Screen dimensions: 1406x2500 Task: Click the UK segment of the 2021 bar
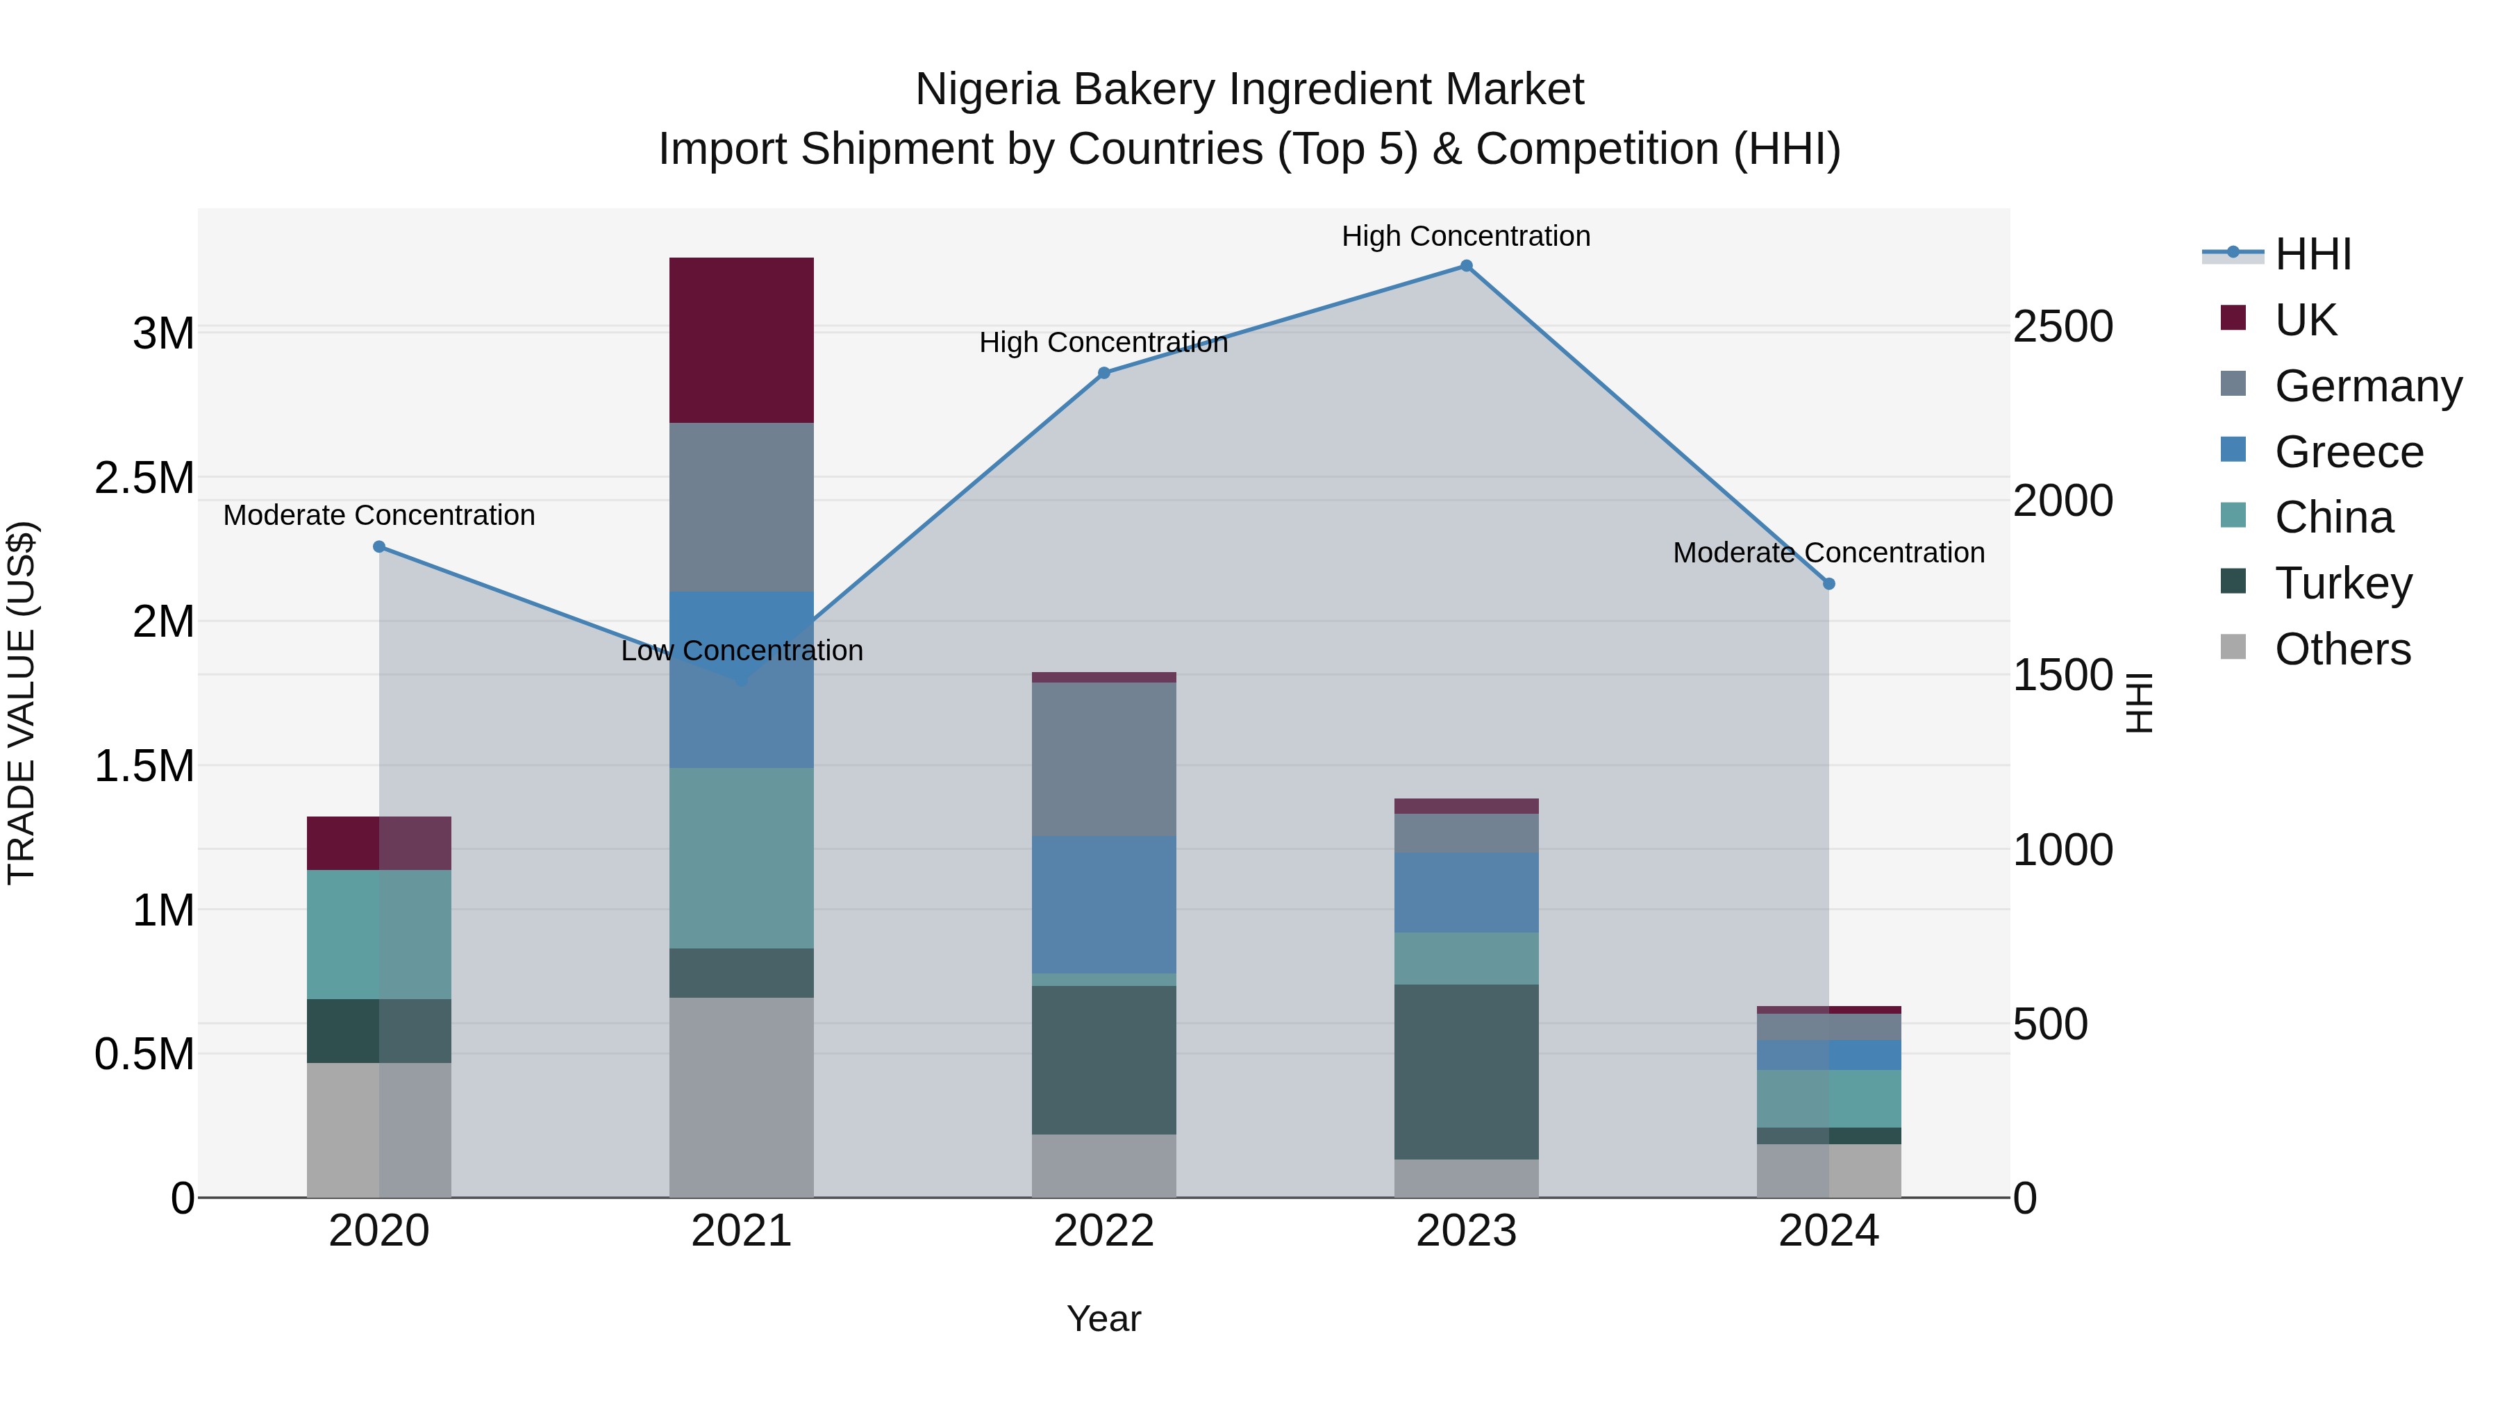tap(742, 340)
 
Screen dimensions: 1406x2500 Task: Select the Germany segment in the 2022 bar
tap(1103, 759)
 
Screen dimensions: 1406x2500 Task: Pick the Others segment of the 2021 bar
tap(742, 1096)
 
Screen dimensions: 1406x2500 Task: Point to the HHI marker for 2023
tap(1467, 266)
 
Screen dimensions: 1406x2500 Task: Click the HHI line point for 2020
tap(379, 546)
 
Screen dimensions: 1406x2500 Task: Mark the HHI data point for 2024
tap(1828, 584)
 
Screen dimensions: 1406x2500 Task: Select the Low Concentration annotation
tap(742, 650)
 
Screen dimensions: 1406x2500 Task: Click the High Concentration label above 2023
tap(1465, 236)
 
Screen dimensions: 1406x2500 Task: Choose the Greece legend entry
tap(2348, 452)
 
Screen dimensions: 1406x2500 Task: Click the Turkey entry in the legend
tap(2343, 583)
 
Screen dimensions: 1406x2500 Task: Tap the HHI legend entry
tap(2312, 254)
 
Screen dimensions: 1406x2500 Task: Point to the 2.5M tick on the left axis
tap(144, 478)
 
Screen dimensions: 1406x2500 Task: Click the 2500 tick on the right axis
tap(2062, 327)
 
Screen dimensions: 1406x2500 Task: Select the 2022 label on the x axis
tap(1103, 1231)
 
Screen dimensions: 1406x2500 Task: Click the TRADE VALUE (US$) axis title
tap(22, 703)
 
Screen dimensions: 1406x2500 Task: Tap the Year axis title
tap(1103, 1319)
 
